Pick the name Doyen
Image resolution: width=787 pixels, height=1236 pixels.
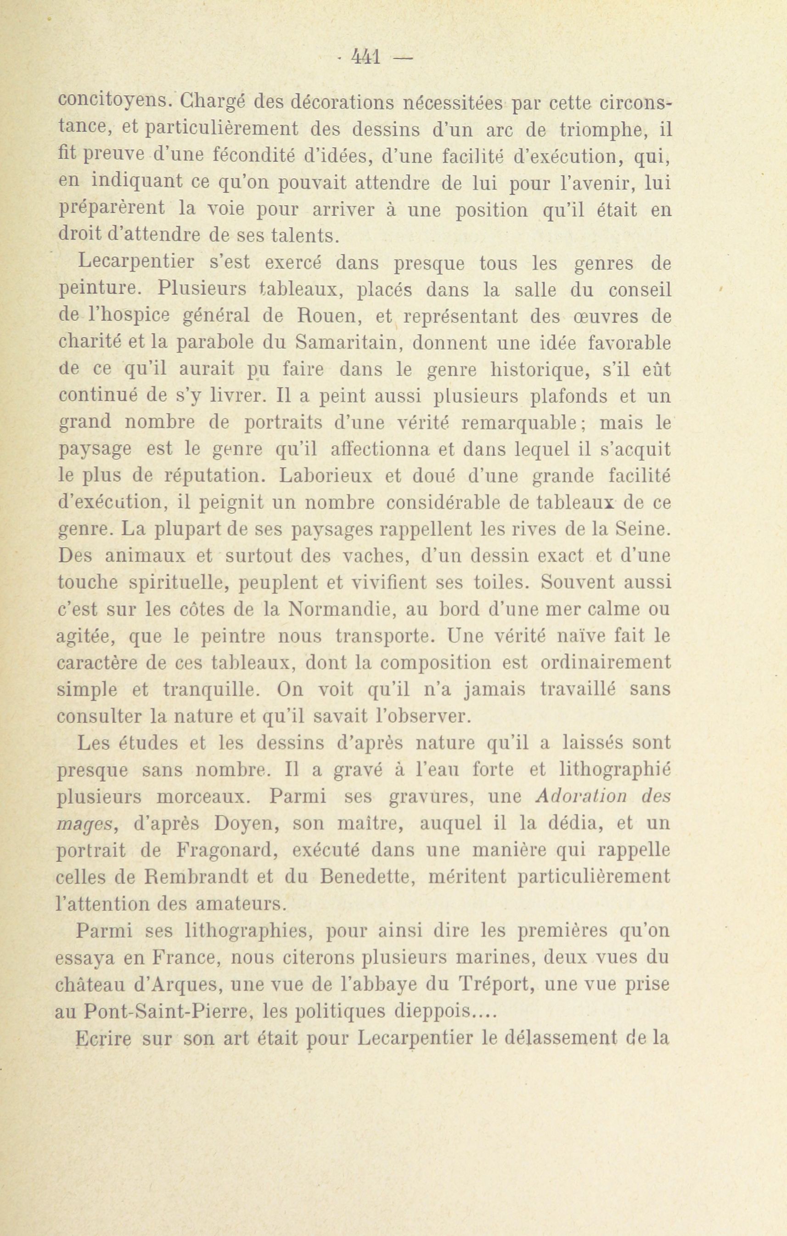247,824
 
